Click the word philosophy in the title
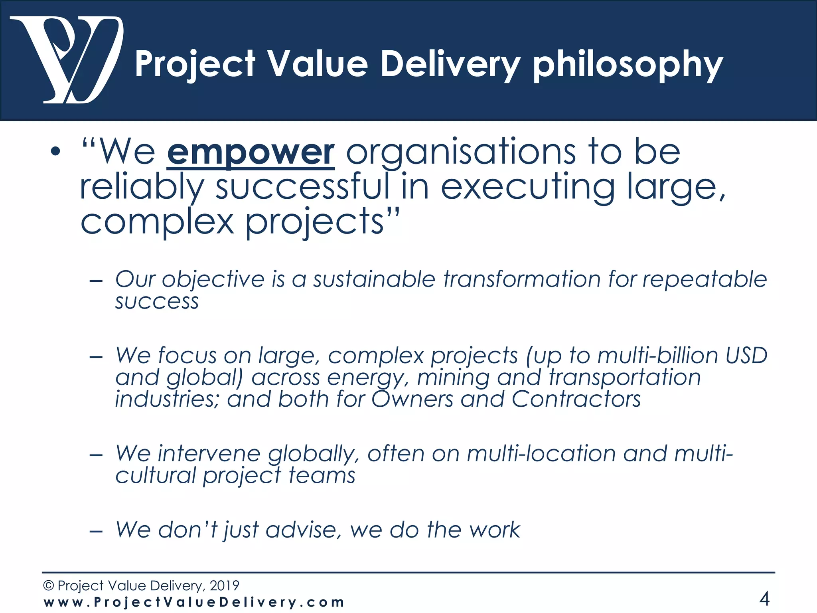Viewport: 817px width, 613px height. [628, 65]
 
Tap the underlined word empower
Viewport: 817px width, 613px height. [251, 152]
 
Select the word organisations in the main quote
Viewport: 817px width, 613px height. [461, 152]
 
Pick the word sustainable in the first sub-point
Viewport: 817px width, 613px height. [374, 279]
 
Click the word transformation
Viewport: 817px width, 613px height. [522, 279]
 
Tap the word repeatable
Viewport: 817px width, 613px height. [705, 279]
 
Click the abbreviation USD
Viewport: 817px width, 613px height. [746, 355]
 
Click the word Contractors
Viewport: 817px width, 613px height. [576, 399]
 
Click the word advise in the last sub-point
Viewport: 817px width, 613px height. [304, 530]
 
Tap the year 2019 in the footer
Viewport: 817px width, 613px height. [224, 585]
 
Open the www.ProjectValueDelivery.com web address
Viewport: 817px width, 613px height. [194, 602]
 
